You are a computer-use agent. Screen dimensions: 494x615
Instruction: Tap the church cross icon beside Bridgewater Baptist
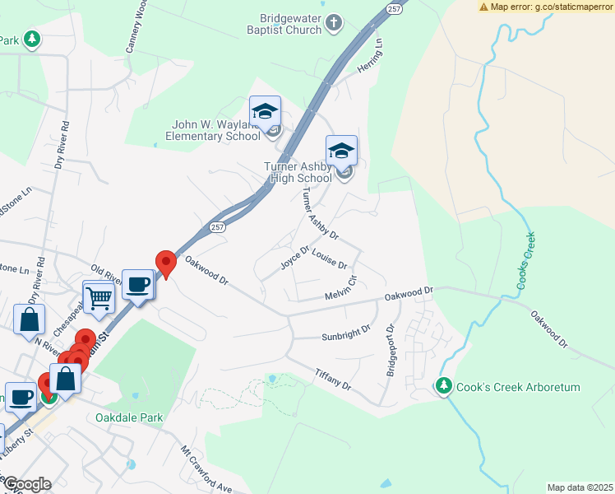(x=333, y=23)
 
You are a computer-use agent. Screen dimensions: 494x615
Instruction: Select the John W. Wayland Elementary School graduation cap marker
(x=266, y=111)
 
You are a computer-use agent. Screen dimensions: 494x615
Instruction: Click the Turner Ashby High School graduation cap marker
(x=341, y=151)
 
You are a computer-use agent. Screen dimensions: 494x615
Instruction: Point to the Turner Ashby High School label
(x=298, y=171)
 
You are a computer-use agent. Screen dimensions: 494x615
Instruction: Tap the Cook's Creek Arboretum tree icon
(x=444, y=384)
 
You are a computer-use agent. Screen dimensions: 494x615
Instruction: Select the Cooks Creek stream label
(x=526, y=259)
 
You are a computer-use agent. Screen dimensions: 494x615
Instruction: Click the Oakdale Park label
(x=130, y=417)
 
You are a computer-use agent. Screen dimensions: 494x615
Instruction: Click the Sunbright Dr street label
(x=346, y=333)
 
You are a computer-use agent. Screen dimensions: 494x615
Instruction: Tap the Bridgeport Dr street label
(x=392, y=349)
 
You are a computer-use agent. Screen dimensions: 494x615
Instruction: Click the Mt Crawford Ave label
(x=207, y=470)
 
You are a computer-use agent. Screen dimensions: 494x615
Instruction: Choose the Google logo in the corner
(x=26, y=485)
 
